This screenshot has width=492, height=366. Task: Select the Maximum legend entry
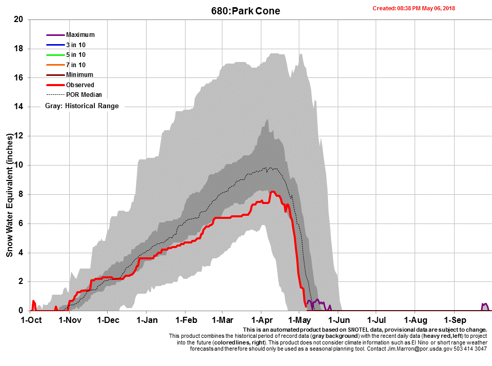point(80,35)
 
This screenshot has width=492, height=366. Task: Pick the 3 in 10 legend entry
point(75,45)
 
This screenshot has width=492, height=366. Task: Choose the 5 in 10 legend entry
point(75,55)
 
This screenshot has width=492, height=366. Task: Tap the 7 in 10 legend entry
point(75,65)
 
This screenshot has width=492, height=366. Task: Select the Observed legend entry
point(80,85)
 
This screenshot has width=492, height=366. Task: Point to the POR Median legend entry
point(84,95)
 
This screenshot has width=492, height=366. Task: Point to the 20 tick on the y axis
point(19,19)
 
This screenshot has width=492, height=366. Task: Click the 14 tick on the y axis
point(19,107)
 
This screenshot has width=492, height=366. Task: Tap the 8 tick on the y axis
point(21,194)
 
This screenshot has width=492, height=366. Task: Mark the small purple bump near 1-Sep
point(485,306)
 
